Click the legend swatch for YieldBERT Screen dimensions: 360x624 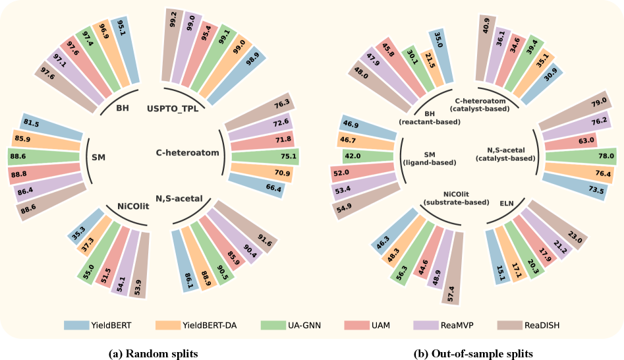pos(76,325)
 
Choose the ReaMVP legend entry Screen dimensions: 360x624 pos(459,325)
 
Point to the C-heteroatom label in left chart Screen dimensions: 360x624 pos(187,152)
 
